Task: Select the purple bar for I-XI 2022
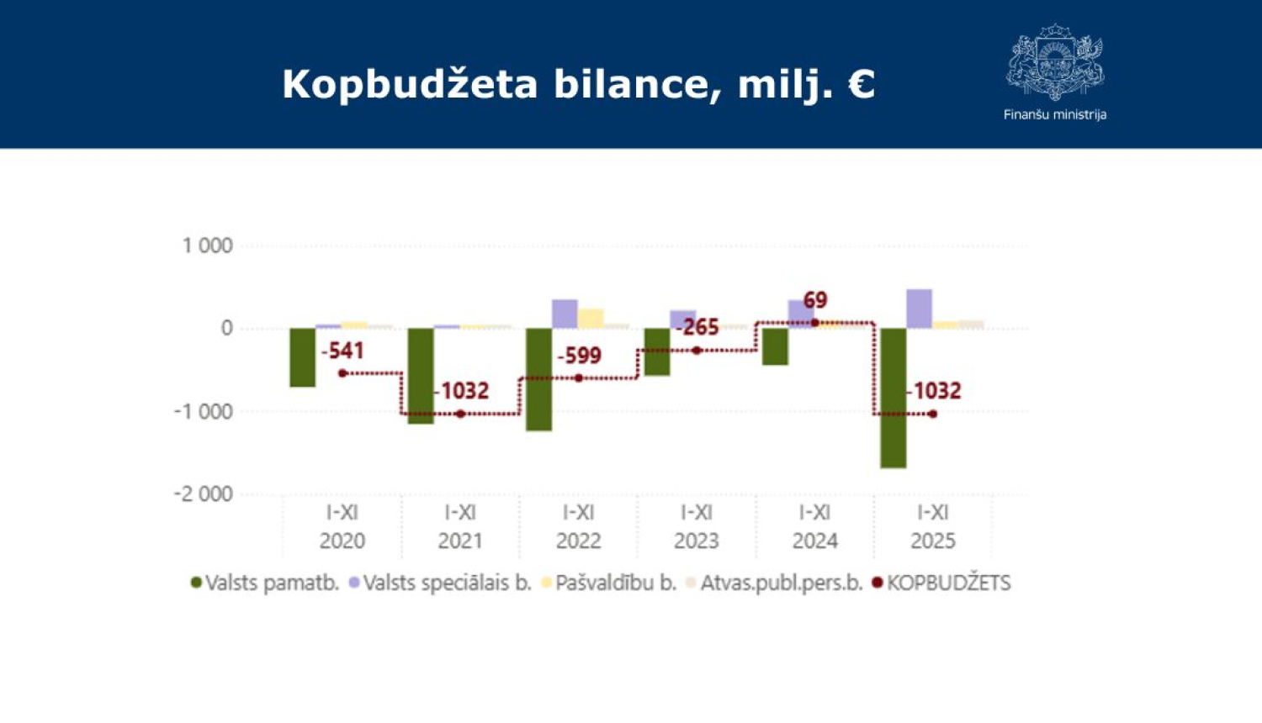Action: [x=565, y=314]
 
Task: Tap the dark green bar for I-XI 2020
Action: [x=302, y=357]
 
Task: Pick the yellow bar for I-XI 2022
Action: [x=591, y=319]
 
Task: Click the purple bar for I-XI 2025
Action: [x=919, y=309]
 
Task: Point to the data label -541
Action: [x=342, y=351]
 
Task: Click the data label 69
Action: [x=815, y=300]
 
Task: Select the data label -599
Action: [x=579, y=356]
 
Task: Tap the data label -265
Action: [x=697, y=327]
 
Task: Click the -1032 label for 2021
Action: [x=461, y=391]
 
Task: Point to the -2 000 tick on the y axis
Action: [x=203, y=493]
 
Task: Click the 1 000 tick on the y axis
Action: [x=207, y=245]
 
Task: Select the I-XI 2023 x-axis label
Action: [x=696, y=525]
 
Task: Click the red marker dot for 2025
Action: [x=932, y=414]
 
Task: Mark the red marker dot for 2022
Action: [x=579, y=378]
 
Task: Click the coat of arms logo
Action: [x=1055, y=63]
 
